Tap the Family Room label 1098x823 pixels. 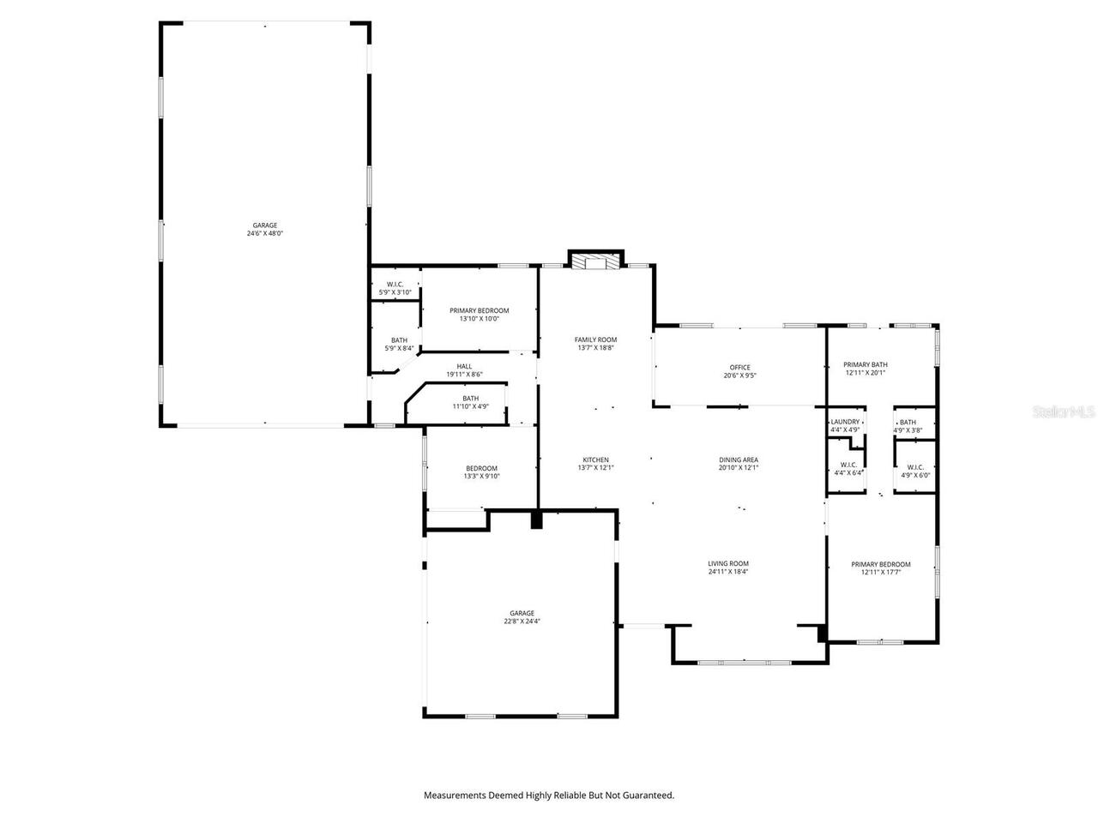(595, 339)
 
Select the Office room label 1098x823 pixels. (739, 368)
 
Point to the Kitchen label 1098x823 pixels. (595, 460)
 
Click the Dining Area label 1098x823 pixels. (739, 460)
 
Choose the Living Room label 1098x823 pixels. (728, 563)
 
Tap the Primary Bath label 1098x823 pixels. (865, 364)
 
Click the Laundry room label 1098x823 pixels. (845, 422)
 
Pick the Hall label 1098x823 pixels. (464, 366)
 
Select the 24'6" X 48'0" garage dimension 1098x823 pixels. (264, 233)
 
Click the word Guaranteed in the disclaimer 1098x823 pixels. (648, 796)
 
